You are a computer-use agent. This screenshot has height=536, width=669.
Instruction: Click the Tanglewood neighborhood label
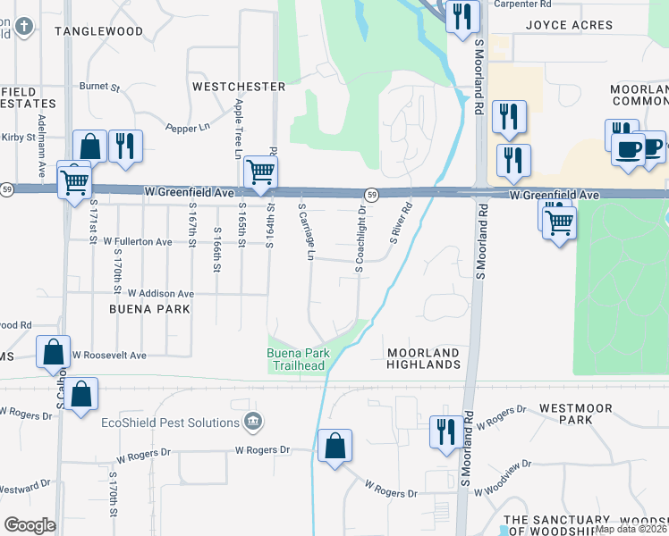98,31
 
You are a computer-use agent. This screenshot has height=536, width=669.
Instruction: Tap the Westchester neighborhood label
239,87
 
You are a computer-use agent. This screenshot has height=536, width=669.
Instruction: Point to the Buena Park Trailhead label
300,360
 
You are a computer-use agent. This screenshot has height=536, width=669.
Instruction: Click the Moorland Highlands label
424,359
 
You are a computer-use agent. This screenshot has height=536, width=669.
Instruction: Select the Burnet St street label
99,88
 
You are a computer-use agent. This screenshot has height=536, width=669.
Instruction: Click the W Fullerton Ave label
137,242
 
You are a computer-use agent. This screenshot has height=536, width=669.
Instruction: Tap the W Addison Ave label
160,293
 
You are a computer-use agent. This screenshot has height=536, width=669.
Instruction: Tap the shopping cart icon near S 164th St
259,170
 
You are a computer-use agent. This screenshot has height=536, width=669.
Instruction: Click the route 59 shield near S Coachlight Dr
369,194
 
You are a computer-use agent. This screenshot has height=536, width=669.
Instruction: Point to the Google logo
30,525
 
